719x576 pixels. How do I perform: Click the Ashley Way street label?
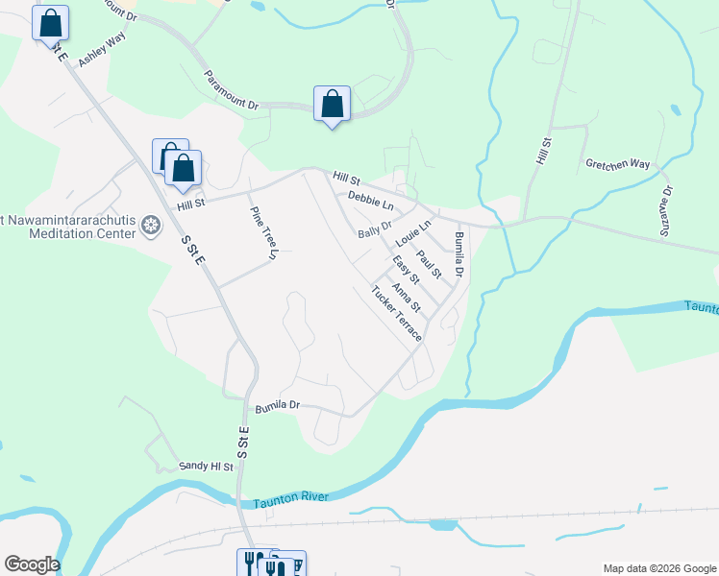[103, 49]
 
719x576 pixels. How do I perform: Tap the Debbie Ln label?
[371, 201]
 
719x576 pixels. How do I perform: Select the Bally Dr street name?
[375, 230]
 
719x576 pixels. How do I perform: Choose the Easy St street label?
[407, 270]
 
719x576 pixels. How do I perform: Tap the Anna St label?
[407, 297]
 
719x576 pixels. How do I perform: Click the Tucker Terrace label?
[396, 314]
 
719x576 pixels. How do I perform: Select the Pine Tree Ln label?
[262, 234]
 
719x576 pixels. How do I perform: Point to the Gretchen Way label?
[618, 164]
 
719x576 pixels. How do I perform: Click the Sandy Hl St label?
[207, 466]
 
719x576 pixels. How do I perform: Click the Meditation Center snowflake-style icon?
[150, 226]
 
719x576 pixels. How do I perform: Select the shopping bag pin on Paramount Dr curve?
[332, 104]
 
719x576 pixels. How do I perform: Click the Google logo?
[32, 564]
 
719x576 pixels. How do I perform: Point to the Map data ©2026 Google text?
[658, 568]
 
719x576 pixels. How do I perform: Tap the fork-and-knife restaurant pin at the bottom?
[252, 564]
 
